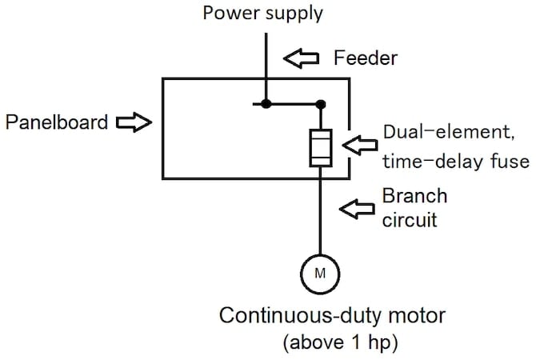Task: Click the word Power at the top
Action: pos(226,12)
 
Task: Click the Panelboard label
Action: pos(55,122)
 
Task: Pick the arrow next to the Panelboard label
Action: pos(134,122)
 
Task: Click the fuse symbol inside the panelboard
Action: pos(321,149)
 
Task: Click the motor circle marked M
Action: pos(320,274)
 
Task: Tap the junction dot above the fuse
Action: pos(321,103)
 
